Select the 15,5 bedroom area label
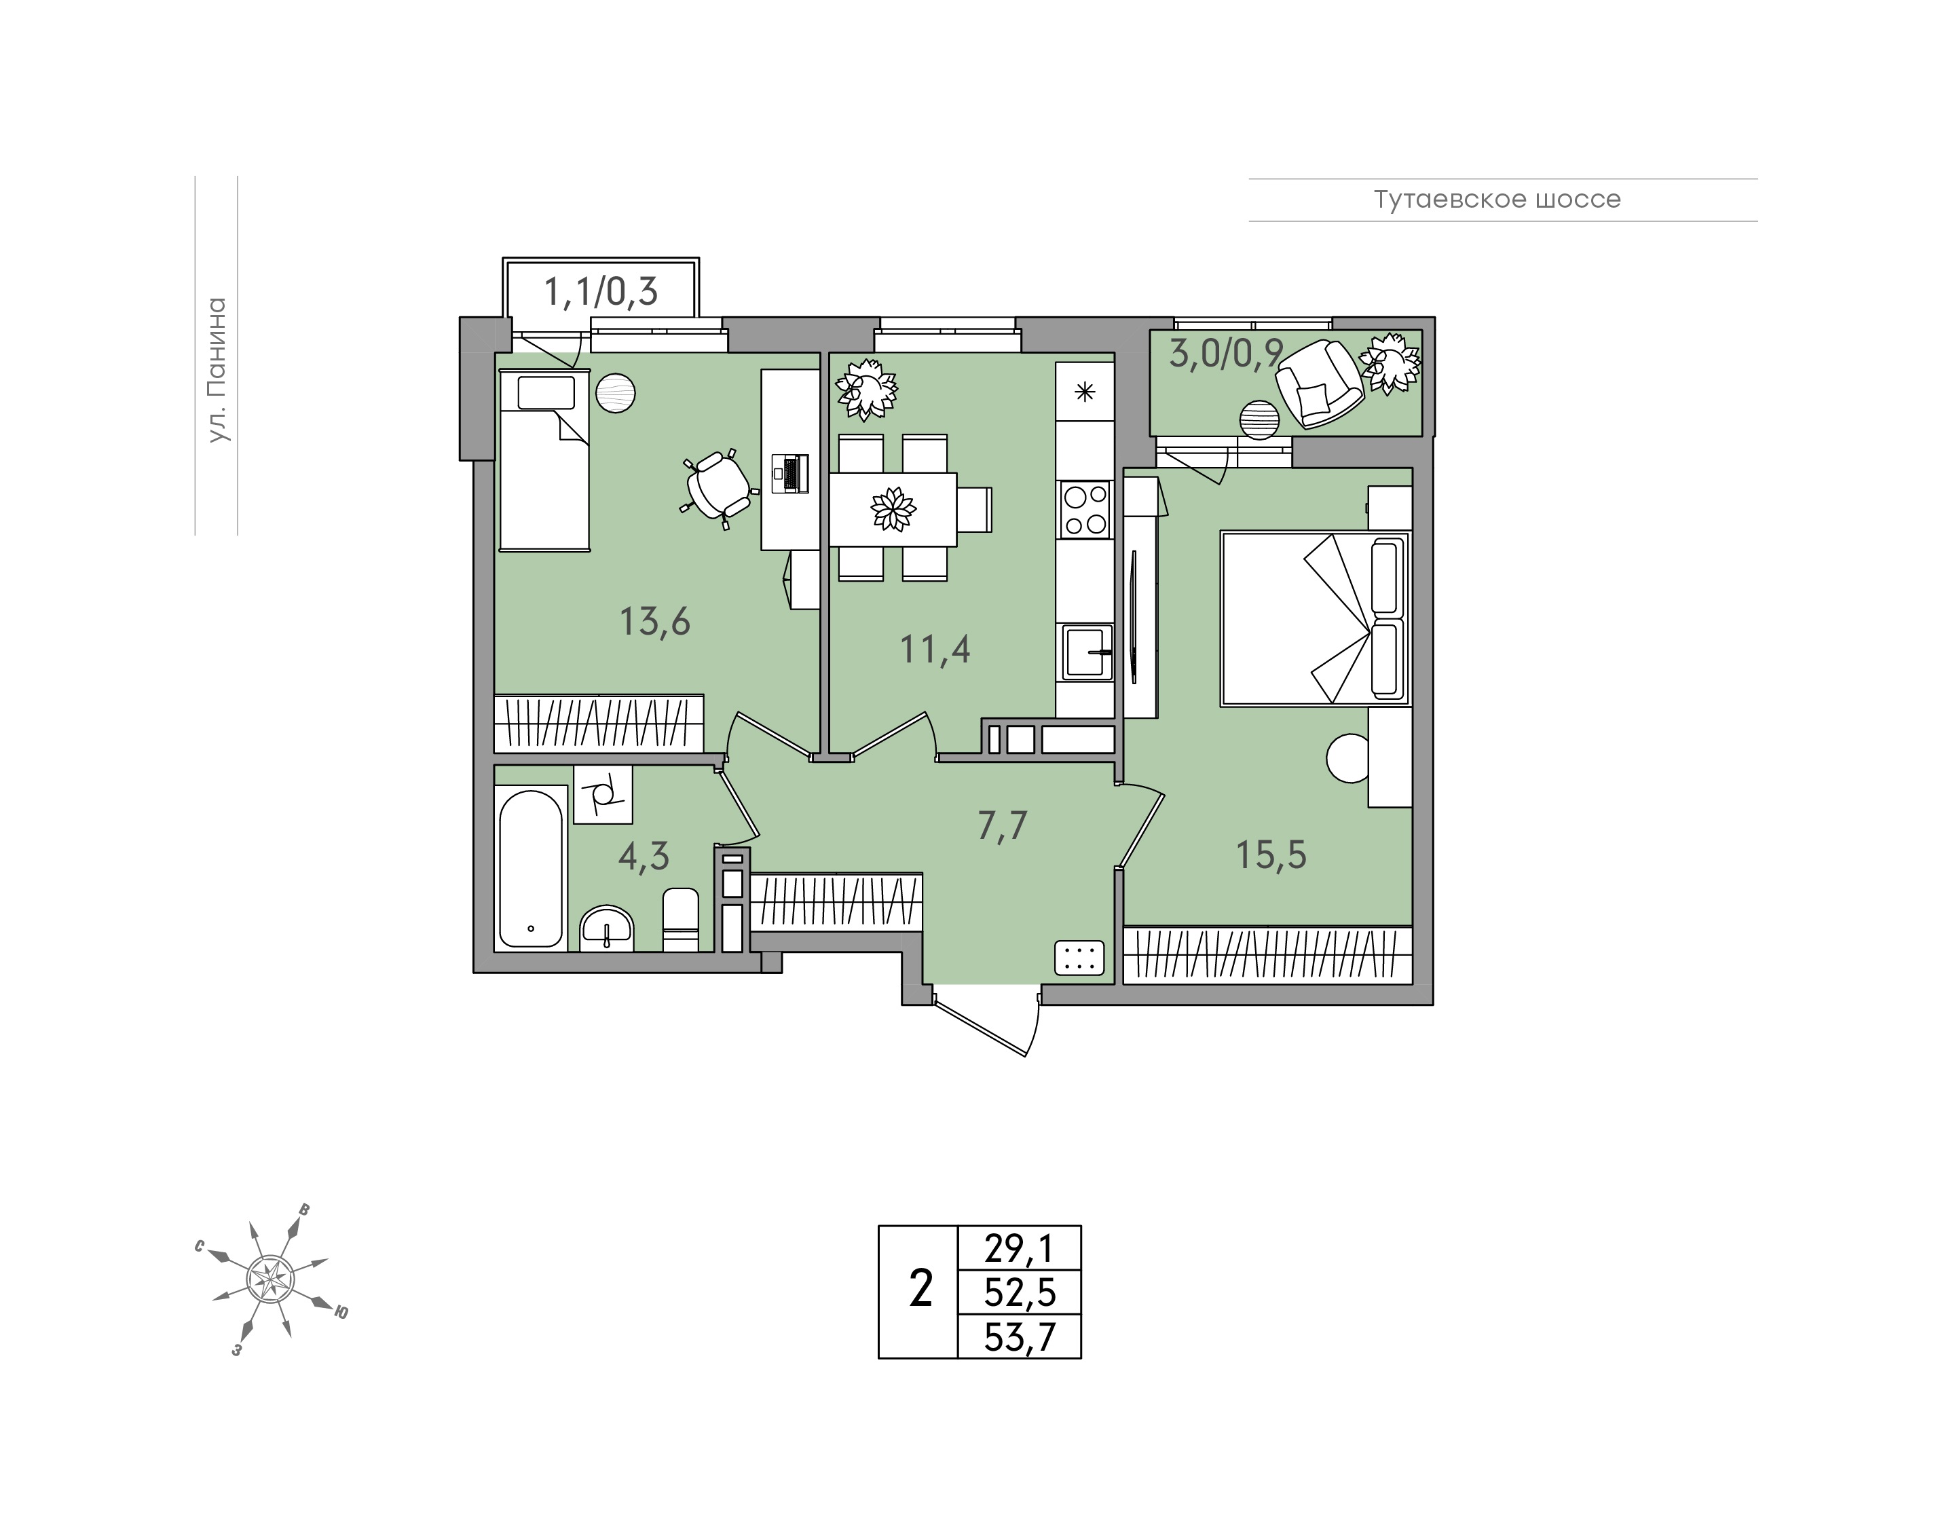(x=1271, y=855)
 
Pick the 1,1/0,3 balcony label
(x=601, y=292)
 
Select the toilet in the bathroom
(x=681, y=919)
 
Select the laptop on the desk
(x=790, y=473)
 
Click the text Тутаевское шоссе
(x=1497, y=200)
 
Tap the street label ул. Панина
(x=217, y=370)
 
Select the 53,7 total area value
(x=1020, y=1337)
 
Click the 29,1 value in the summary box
(x=1020, y=1248)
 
